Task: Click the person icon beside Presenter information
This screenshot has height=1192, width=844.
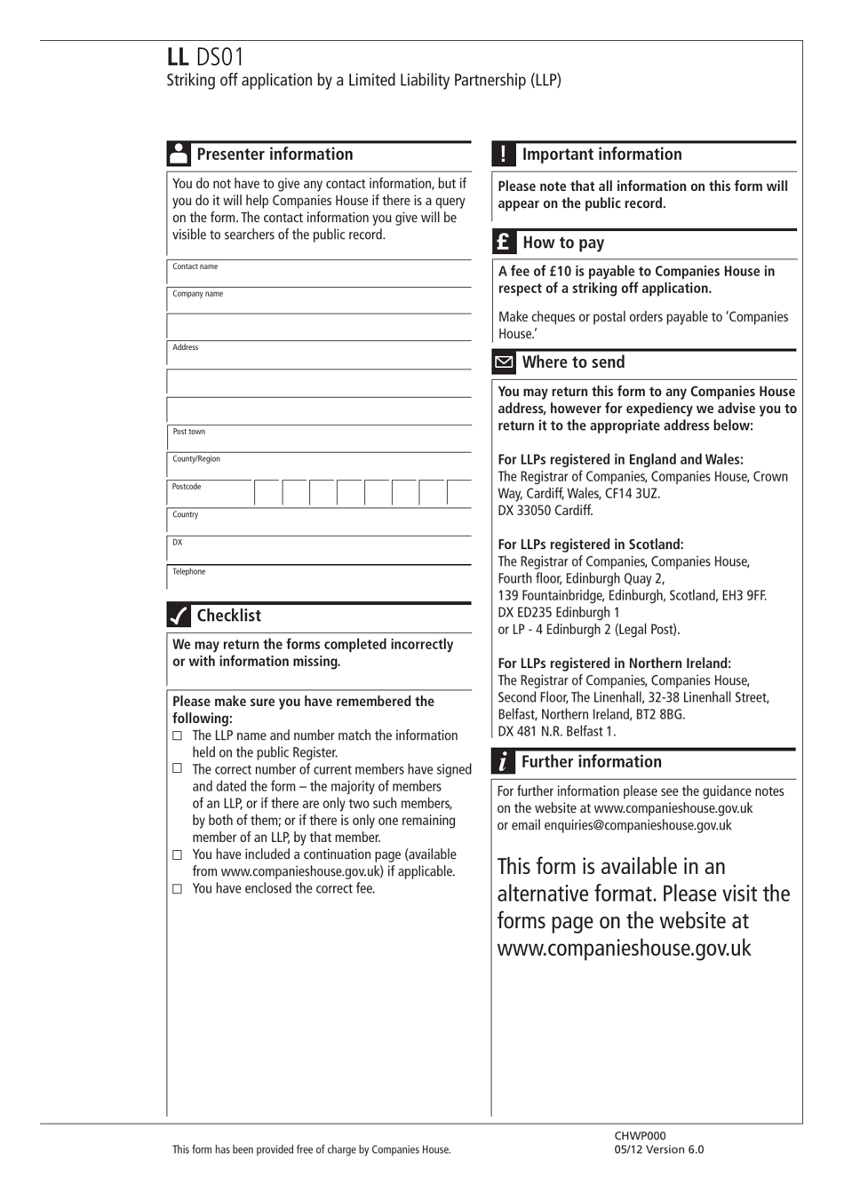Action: pos(179,154)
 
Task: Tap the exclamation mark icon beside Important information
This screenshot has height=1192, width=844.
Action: pos(504,154)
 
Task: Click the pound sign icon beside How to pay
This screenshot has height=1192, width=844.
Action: pos(504,242)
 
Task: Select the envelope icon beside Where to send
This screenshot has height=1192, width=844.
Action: pos(504,362)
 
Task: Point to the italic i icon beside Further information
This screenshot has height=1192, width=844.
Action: pos(504,762)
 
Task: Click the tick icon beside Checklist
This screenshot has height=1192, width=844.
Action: pos(179,616)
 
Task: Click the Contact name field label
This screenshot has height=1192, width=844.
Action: pos(195,266)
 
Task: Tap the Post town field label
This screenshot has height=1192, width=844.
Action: pos(189,432)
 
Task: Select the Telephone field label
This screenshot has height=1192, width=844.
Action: pos(189,572)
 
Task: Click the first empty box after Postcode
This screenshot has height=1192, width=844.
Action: pos(268,493)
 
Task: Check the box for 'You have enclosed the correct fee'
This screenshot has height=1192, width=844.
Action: pos(178,889)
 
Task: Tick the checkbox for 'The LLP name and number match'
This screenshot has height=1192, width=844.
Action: pos(178,736)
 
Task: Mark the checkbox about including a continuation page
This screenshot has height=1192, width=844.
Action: pos(178,855)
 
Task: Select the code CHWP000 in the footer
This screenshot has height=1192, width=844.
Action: pos(640,1135)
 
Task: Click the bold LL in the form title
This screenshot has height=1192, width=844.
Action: pos(178,57)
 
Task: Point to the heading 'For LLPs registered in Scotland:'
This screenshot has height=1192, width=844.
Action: pos(591,544)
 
